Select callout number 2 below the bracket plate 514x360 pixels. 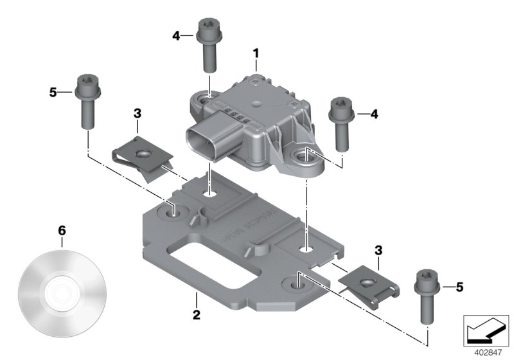tap(197, 315)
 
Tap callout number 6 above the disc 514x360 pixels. tap(62, 230)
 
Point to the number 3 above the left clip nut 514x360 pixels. tap(137, 114)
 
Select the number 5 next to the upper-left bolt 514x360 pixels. tap(53, 93)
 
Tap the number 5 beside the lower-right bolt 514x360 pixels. tap(459, 287)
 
